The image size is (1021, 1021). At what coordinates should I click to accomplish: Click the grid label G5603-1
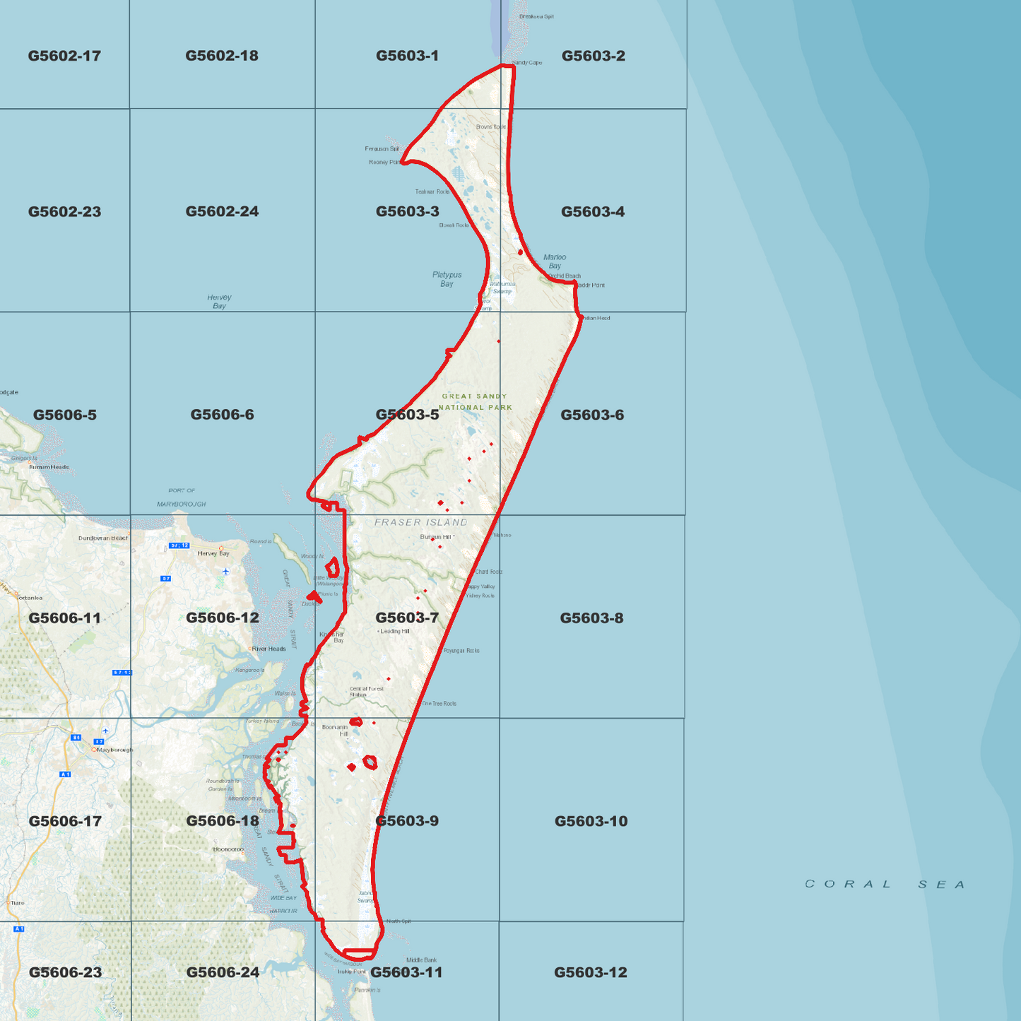(407, 56)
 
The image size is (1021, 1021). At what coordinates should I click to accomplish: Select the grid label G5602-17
(64, 56)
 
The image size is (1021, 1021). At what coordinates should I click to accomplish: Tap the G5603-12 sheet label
(590, 972)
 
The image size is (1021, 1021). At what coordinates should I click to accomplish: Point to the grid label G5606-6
(222, 415)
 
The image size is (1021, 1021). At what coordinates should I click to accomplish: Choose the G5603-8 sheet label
(591, 618)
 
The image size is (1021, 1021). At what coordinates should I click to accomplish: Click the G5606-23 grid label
(65, 972)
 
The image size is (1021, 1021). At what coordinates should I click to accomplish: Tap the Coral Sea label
(885, 884)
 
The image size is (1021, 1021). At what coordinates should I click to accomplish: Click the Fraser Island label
(421, 523)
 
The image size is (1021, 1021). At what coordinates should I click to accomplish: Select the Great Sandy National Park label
(475, 402)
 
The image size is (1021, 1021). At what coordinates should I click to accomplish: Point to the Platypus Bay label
(447, 279)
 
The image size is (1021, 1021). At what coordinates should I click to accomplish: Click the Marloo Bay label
(555, 261)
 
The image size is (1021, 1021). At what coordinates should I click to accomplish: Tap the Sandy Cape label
(527, 63)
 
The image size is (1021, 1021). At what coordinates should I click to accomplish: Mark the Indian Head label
(596, 318)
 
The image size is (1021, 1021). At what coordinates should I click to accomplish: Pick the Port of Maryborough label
(182, 497)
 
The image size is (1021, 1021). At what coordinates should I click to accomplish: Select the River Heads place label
(268, 649)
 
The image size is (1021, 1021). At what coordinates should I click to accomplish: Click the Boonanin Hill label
(335, 730)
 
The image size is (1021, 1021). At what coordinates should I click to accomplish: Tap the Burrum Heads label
(49, 467)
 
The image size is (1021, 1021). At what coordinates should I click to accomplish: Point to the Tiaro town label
(17, 902)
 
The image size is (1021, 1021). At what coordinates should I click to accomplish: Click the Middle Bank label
(421, 960)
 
